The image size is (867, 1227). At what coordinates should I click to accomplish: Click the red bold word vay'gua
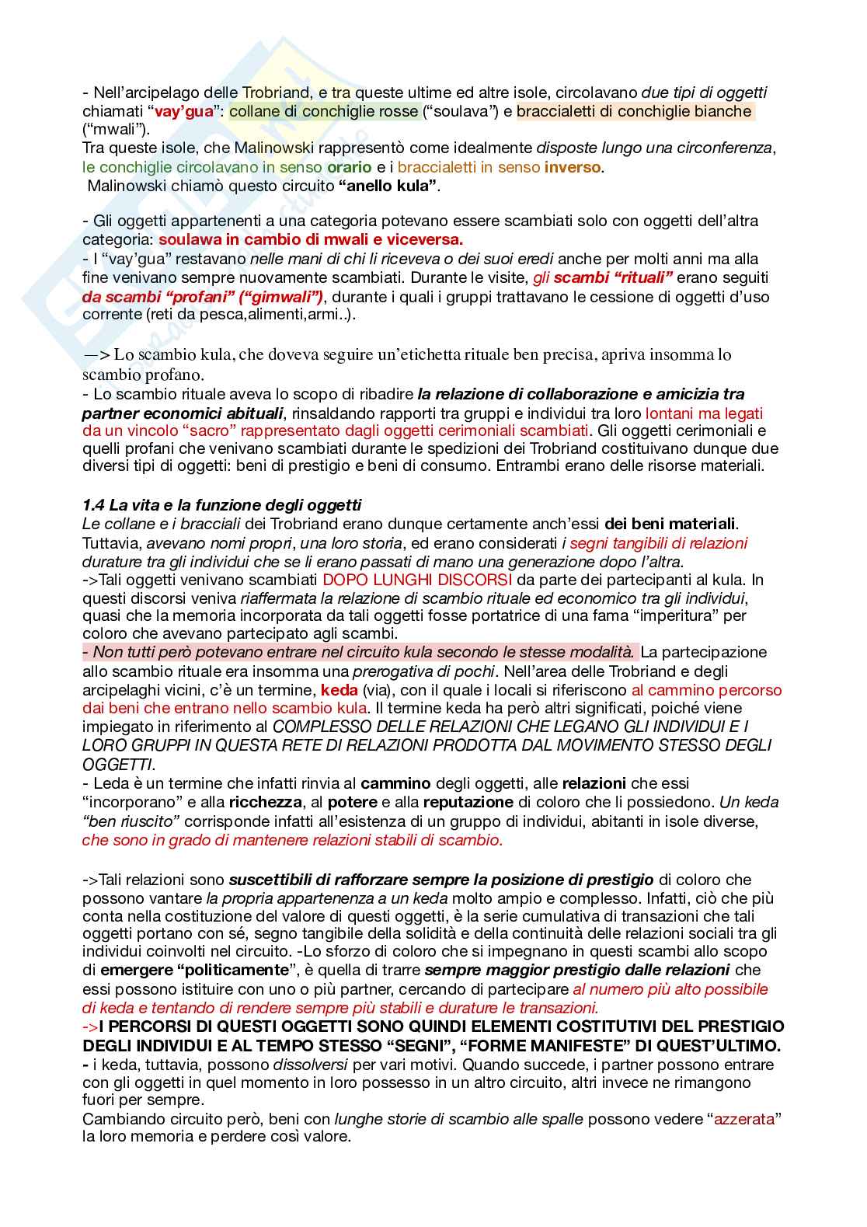pyautogui.click(x=184, y=111)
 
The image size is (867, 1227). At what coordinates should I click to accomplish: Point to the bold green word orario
pyautogui.click(x=348, y=167)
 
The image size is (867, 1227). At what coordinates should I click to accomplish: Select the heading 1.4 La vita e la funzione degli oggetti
pyautogui.click(x=221, y=506)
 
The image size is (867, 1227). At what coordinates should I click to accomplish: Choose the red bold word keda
pyautogui.click(x=339, y=690)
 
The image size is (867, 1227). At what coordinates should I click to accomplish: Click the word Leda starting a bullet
pyautogui.click(x=109, y=783)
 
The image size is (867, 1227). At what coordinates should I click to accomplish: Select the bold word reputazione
pyautogui.click(x=463, y=802)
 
